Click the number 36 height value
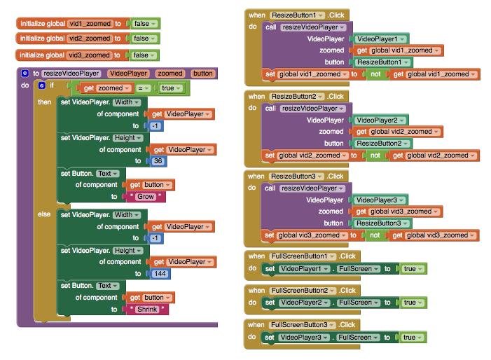click(x=158, y=161)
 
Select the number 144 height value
click(x=160, y=274)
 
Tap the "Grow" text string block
click(x=146, y=197)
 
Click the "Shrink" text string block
click(x=147, y=310)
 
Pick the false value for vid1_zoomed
click(x=145, y=24)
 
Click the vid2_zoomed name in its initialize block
click(x=89, y=39)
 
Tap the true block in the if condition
click(x=171, y=88)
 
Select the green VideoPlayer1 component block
click(x=381, y=39)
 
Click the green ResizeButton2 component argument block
click(x=382, y=144)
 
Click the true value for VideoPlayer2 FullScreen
click(x=413, y=303)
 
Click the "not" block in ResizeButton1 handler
click(x=375, y=74)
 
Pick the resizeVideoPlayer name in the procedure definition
click(x=71, y=74)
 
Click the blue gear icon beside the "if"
click(x=41, y=85)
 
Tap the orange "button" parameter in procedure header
click(x=203, y=74)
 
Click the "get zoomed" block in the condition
click(x=105, y=88)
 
